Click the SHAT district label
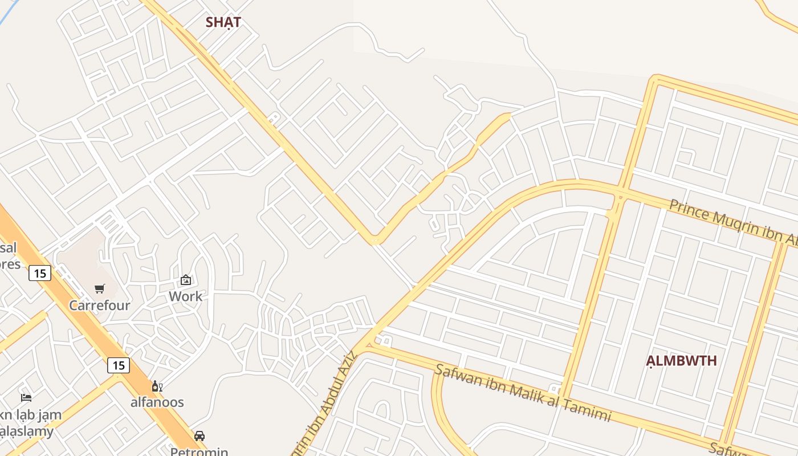tap(223, 23)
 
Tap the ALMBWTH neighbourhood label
tap(681, 361)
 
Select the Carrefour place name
tap(100, 306)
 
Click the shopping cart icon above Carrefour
tap(100, 288)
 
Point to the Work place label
tap(185, 296)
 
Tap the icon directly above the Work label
tap(185, 280)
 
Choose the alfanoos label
tap(157, 402)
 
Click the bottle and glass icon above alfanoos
tap(157, 386)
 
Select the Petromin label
tap(199, 451)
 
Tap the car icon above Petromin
tap(199, 436)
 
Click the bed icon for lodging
tap(26, 397)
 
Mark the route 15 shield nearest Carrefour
tap(40, 274)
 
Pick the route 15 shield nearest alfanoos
tap(118, 365)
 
